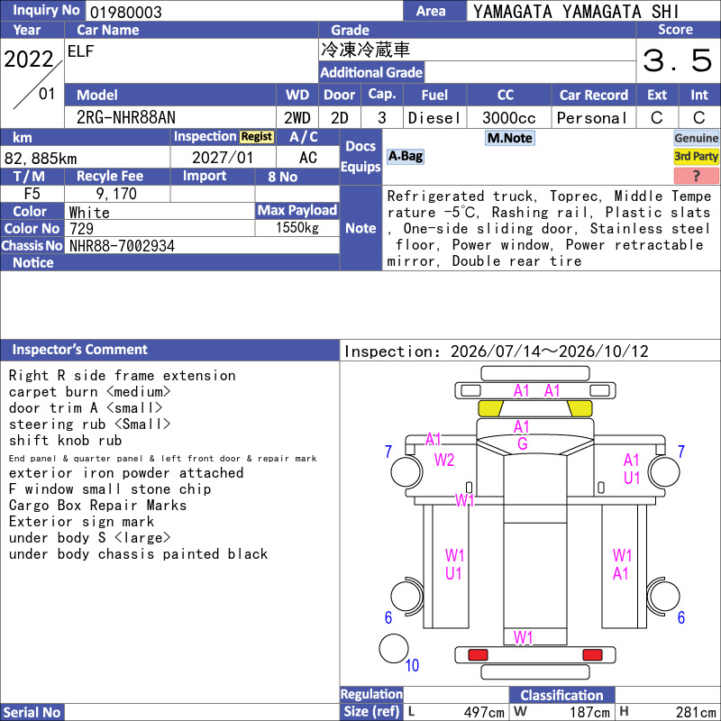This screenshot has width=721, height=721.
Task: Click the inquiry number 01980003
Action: tap(125, 12)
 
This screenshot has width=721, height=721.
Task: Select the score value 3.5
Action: tap(678, 60)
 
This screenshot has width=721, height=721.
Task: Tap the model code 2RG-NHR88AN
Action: tap(126, 118)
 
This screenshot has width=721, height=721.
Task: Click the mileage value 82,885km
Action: tap(41, 159)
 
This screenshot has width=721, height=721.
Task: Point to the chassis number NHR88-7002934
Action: tap(122, 246)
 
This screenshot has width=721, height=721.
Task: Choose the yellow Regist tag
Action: tap(257, 137)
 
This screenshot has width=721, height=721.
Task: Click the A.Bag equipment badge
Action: tap(405, 156)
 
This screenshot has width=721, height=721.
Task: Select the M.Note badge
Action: tap(510, 138)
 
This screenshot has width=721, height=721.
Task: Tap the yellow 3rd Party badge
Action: tap(696, 156)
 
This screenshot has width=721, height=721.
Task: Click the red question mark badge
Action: tap(696, 176)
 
